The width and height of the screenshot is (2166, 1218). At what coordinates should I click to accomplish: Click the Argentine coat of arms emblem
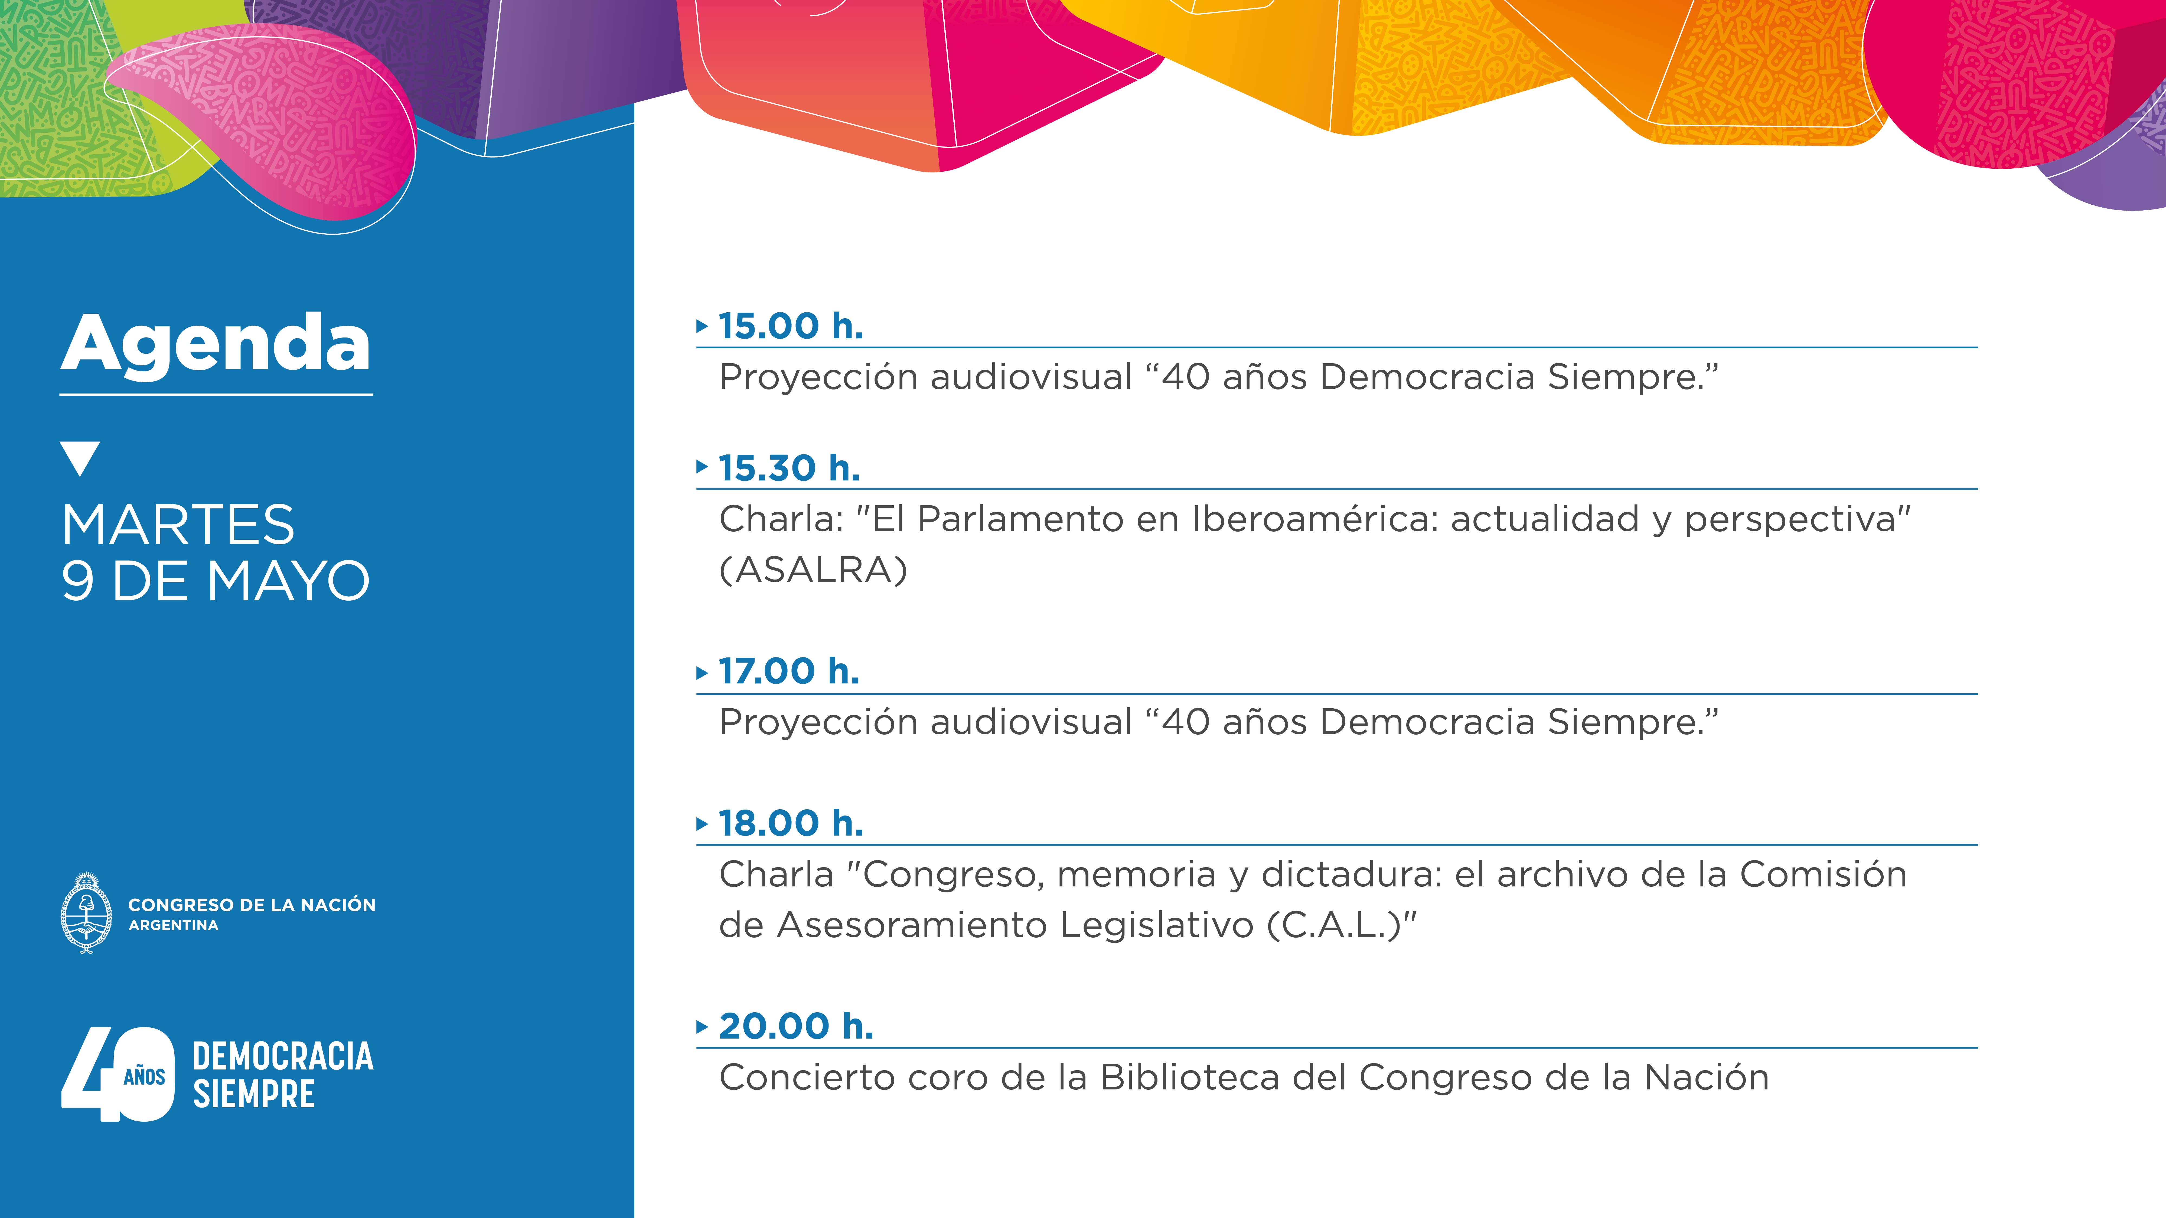pos(87,913)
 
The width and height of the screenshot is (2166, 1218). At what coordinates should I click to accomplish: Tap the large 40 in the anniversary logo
pos(118,1074)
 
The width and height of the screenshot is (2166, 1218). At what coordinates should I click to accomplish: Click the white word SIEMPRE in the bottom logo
pos(254,1093)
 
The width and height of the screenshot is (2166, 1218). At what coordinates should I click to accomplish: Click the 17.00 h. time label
pos(789,672)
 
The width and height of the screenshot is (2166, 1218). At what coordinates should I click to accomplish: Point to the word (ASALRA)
pos(813,570)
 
